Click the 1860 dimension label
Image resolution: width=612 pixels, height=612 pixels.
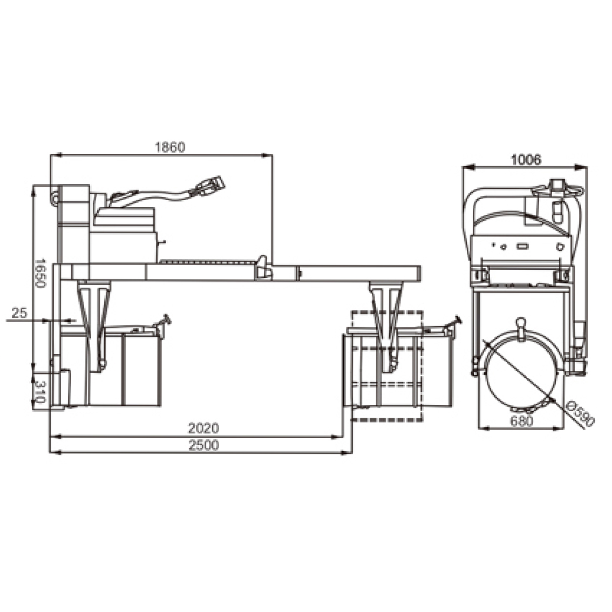[x=170, y=147]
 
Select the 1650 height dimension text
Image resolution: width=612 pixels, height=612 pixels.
[x=40, y=273]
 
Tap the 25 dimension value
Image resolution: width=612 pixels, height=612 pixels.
[x=19, y=312]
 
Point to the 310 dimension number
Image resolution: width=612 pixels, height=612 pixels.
[x=40, y=392]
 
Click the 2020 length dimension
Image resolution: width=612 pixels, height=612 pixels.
[x=204, y=428]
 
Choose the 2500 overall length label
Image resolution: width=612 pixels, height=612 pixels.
[x=204, y=445]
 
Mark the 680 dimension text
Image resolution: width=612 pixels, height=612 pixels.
[x=521, y=421]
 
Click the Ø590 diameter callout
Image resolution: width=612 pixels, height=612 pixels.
[x=580, y=414]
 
